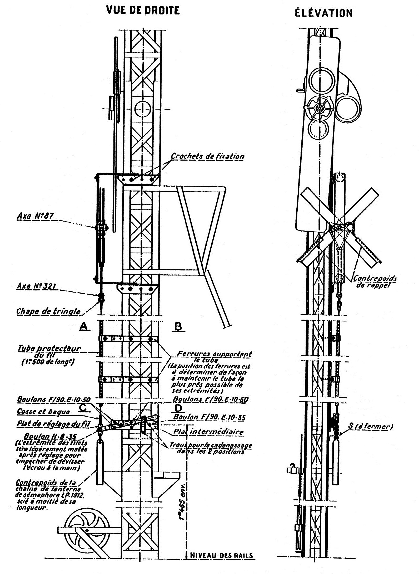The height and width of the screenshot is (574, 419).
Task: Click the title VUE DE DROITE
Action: coord(143,10)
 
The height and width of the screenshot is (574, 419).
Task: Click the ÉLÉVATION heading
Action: coord(323,13)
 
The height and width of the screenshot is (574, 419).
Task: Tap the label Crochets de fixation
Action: coord(207,156)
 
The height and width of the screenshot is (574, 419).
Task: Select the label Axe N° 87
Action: coord(35,216)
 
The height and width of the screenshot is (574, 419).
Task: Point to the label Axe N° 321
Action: coord(36,286)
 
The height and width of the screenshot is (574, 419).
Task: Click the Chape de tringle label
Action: coord(48,311)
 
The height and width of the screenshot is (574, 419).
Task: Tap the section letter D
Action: coord(178,408)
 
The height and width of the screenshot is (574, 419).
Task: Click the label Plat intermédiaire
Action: coord(208,432)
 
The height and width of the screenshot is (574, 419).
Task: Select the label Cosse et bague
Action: coord(43,412)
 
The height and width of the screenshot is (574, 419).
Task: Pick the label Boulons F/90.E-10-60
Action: coord(210,399)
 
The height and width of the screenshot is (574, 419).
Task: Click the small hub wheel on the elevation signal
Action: coord(320,108)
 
